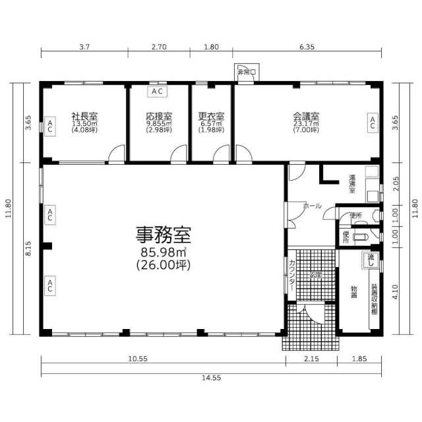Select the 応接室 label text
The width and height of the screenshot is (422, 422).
(159, 115)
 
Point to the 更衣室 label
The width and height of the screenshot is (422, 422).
(212, 115)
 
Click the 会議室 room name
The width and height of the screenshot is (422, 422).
(306, 115)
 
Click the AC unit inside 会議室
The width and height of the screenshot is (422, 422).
(372, 121)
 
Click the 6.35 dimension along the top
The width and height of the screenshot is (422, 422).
(307, 47)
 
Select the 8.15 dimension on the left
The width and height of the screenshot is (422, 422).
(28, 248)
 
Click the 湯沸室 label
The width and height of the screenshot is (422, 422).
(353, 183)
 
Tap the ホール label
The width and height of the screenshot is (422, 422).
(312, 206)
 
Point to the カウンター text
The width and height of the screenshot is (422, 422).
(291, 276)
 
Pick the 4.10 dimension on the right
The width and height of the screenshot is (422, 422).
(394, 291)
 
